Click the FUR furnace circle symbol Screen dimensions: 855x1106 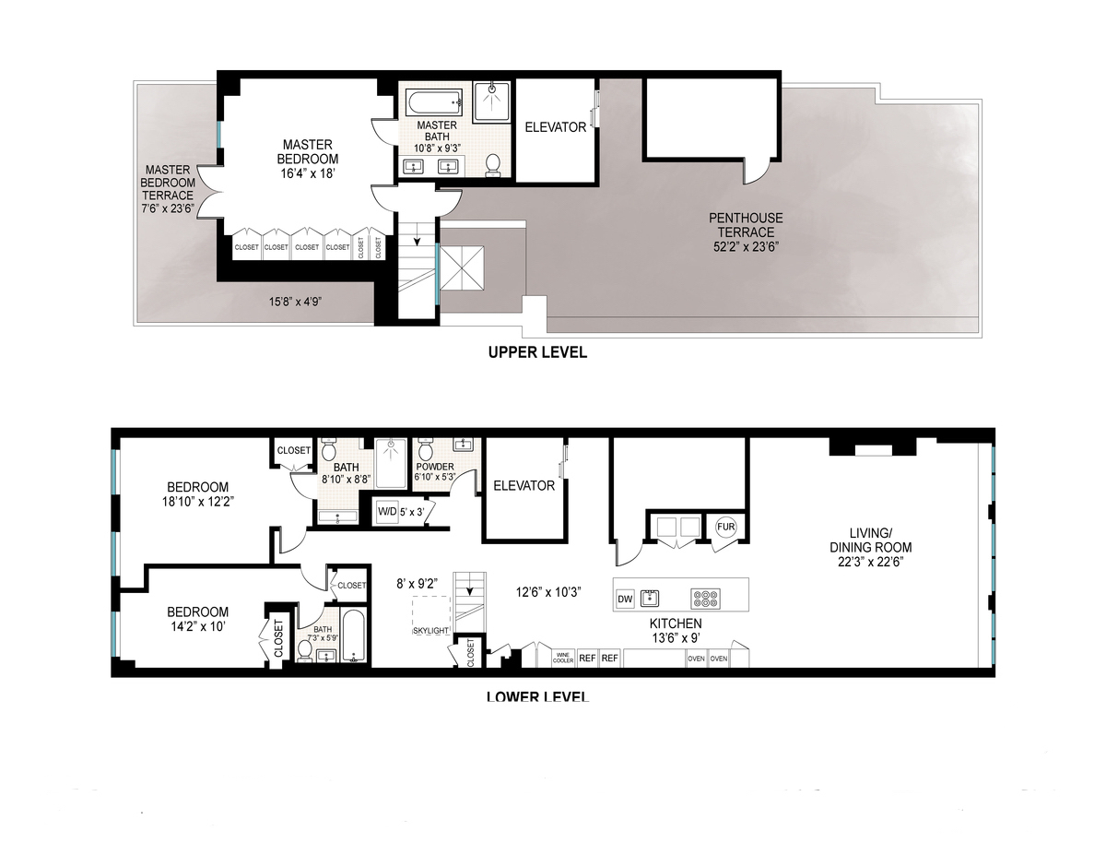[x=724, y=527]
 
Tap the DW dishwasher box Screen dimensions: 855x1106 [x=624, y=599]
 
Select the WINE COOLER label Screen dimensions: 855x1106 [x=563, y=659]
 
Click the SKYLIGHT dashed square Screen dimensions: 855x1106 [x=430, y=614]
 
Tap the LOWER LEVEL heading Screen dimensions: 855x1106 [x=537, y=695]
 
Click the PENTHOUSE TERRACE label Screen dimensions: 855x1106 [x=746, y=225]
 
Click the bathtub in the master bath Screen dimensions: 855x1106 [x=434, y=102]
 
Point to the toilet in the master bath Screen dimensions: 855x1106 [x=493, y=164]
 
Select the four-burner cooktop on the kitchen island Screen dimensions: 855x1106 [x=706, y=598]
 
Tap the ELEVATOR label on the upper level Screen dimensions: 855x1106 [x=555, y=128]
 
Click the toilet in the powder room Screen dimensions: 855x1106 [x=426, y=451]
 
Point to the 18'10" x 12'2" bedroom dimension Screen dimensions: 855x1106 [x=197, y=503]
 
